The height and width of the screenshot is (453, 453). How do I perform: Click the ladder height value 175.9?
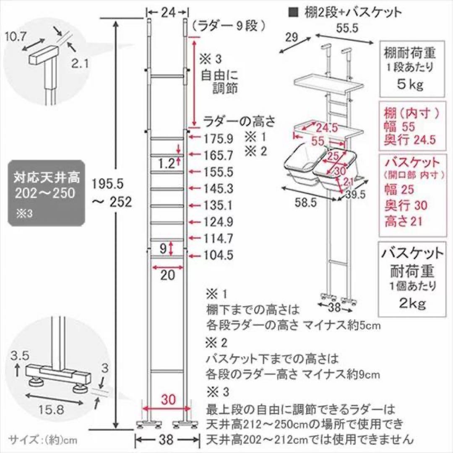point(219,138)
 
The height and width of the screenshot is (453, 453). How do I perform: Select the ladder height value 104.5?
point(219,255)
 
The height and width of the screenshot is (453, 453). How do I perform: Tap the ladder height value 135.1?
point(219,206)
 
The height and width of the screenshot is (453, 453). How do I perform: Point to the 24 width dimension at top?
point(167,13)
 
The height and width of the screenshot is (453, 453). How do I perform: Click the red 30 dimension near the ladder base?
point(167,399)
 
